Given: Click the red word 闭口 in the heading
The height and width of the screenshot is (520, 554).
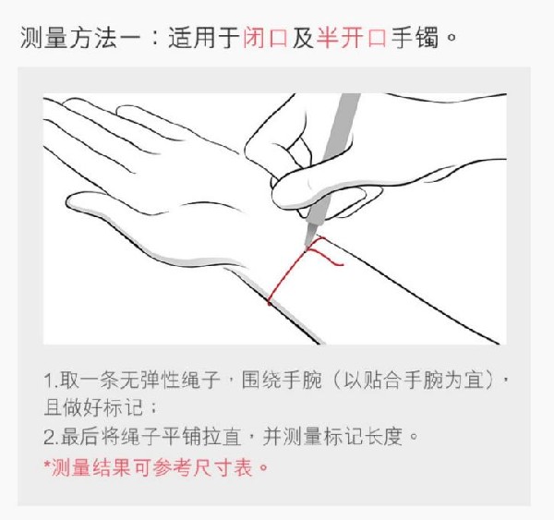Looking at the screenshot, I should point(265,39).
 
